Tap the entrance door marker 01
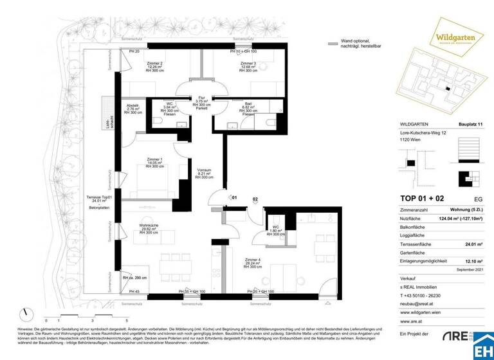[x=234, y=198]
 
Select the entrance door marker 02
[x=255, y=200]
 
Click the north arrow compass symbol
[x=26, y=315]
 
